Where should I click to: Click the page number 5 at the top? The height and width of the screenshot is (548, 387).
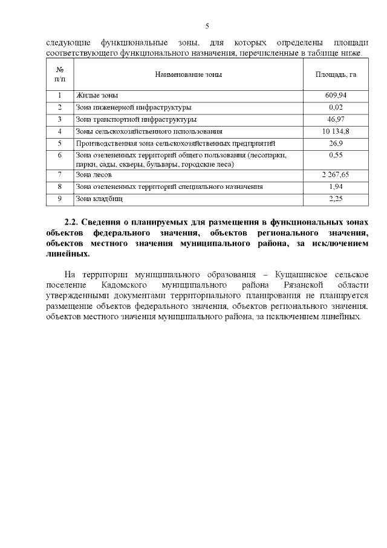207,26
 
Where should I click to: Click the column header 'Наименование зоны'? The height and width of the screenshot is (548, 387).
188,74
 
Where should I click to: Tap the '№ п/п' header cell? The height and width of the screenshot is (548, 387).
60,74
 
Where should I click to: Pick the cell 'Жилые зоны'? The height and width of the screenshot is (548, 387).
97,96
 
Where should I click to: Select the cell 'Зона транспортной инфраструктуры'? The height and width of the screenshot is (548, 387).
136,119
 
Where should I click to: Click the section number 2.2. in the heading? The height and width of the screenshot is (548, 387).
73,223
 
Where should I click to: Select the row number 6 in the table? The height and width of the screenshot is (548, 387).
60,156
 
